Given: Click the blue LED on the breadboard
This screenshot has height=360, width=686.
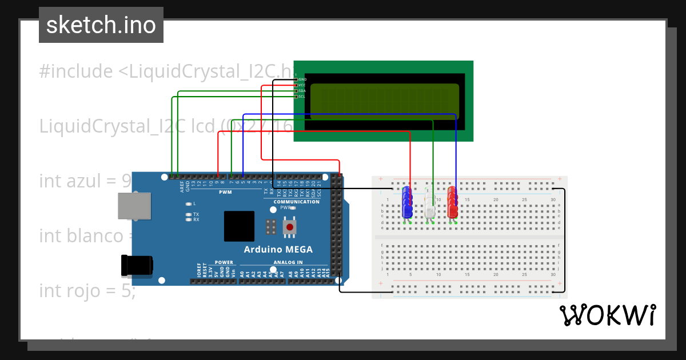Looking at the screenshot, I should pyautogui.click(x=408, y=202).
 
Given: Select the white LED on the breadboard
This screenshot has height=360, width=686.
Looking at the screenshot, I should pyautogui.click(x=430, y=203).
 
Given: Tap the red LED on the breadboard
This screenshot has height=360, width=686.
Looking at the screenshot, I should pyautogui.click(x=453, y=202).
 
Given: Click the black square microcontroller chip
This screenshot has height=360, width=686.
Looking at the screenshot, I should pyautogui.click(x=239, y=226).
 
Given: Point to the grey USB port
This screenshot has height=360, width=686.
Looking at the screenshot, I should pyautogui.click(x=134, y=206).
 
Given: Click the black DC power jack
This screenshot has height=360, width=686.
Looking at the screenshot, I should pyautogui.click(x=137, y=265).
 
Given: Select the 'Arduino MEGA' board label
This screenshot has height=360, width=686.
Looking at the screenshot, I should pyautogui.click(x=278, y=249).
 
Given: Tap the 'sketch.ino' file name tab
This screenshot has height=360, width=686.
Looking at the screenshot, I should pyautogui.click(x=101, y=25).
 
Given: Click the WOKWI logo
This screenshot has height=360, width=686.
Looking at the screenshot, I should pyautogui.click(x=607, y=315).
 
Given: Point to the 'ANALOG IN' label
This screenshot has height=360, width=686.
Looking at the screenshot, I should pyautogui.click(x=288, y=263).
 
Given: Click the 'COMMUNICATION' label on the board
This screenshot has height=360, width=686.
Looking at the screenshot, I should pyautogui.click(x=296, y=202).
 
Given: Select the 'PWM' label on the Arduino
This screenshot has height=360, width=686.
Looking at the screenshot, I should pyautogui.click(x=225, y=192).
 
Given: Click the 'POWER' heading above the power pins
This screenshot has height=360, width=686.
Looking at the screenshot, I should pyautogui.click(x=224, y=263).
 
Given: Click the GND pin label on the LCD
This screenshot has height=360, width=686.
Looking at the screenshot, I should pyautogui.click(x=302, y=79).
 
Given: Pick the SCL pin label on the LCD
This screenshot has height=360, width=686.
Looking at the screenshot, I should pyautogui.click(x=302, y=97).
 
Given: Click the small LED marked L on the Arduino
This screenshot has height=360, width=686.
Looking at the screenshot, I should pyautogui.click(x=189, y=203).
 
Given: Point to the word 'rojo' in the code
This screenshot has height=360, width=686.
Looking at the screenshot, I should pyautogui.click(x=88, y=291).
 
